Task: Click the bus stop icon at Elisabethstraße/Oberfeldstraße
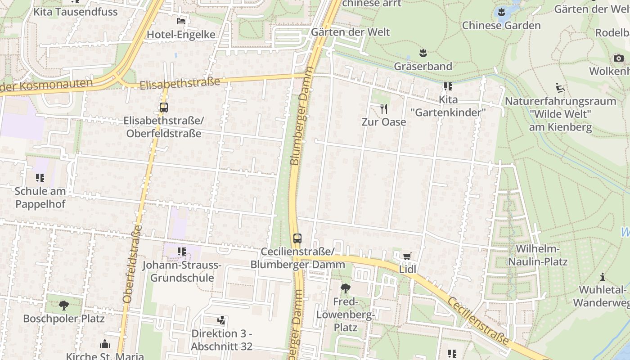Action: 164,108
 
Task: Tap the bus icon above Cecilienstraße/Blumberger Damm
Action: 297,238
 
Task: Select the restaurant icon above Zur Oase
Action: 384,108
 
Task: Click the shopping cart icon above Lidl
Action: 407,256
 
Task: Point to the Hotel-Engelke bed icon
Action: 181,21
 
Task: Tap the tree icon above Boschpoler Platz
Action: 63,305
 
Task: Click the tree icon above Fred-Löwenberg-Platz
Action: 346,288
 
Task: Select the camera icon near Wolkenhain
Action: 618,58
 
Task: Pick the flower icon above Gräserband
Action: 423,53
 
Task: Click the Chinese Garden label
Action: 501,25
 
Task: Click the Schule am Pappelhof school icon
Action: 40,178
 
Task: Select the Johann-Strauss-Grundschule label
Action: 182,271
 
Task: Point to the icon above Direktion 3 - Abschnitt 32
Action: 221,320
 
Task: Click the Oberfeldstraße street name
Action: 132,264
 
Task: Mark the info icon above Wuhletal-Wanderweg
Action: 602,277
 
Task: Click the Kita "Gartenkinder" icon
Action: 448,86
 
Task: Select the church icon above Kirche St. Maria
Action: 105,344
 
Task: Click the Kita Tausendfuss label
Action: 76,12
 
